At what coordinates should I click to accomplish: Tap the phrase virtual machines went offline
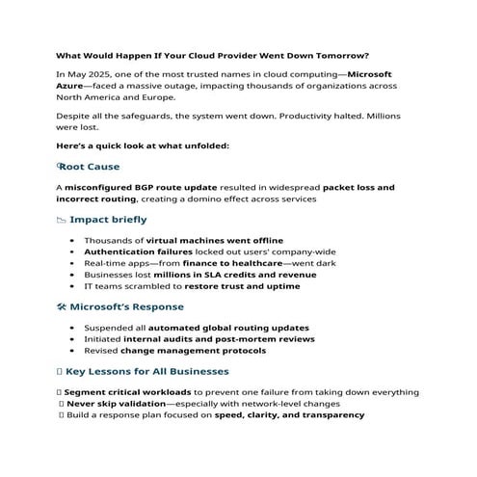[200, 238]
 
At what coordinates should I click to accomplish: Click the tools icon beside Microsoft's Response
[63, 307]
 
